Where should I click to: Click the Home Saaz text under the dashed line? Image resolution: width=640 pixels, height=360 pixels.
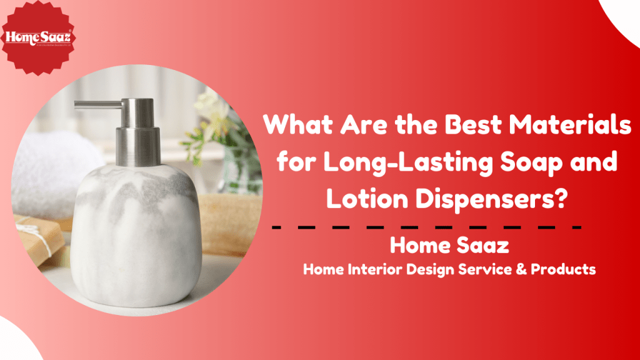pyautogui.click(x=449, y=246)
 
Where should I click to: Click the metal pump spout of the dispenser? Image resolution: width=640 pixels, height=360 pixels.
pyautogui.click(x=94, y=104)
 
